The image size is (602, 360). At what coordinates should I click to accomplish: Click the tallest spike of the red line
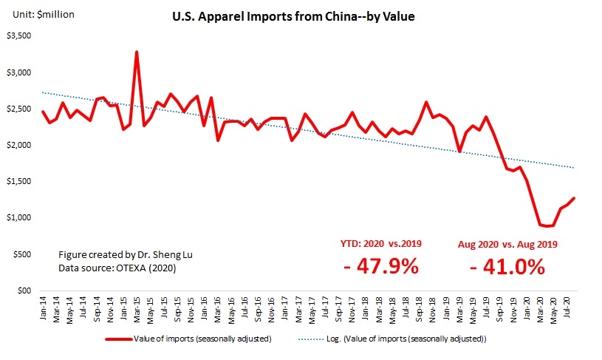(137, 52)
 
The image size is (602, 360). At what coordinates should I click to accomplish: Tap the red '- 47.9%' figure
(381, 266)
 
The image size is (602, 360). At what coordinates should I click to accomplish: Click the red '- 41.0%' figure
(507, 266)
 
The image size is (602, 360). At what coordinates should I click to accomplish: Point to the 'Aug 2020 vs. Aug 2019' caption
(507, 243)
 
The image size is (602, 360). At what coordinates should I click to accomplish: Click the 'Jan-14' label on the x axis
(43, 306)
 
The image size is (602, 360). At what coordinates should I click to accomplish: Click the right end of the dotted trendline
(573, 169)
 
